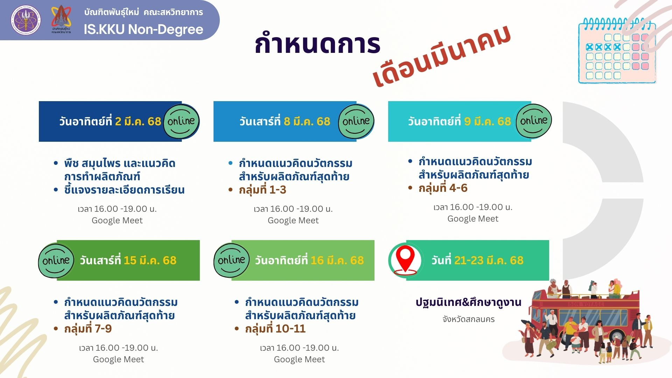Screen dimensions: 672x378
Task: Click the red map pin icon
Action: click(405, 260)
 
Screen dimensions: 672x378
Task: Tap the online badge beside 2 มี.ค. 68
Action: click(181, 121)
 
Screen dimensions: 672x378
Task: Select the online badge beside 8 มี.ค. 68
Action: click(356, 121)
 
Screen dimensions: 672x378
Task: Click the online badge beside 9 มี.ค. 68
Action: click(534, 121)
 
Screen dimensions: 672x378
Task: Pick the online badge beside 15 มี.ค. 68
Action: click(56, 260)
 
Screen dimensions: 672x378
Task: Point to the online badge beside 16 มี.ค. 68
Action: click(231, 260)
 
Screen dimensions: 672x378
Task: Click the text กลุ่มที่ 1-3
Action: click(262, 190)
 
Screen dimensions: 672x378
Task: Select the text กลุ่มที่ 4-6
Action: click(443, 188)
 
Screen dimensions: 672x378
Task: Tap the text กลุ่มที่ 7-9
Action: click(88, 329)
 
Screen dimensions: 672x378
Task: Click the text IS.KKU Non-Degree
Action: click(143, 29)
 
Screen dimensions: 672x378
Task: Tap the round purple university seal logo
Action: click(25, 20)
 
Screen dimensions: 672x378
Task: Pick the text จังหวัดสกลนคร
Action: click(469, 319)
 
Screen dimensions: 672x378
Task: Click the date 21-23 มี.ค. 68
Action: click(489, 260)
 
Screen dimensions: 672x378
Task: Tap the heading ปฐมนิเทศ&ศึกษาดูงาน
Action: click(469, 302)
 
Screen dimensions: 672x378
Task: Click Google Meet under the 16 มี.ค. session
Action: click(299, 359)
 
